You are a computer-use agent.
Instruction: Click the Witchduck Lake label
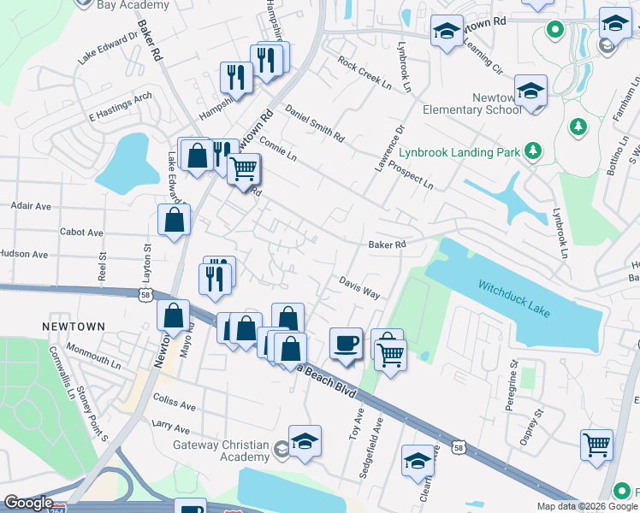coord(514,298)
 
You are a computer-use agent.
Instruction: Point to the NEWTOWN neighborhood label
coord(74,327)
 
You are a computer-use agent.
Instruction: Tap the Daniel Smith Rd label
coord(314,124)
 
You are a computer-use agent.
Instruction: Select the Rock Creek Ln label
coord(364,74)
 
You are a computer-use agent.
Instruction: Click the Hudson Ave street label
coord(25,254)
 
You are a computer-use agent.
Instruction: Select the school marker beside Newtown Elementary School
coord(530,91)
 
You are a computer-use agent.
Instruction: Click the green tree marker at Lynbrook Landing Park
coord(534,151)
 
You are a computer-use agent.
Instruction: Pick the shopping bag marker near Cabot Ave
coord(175,221)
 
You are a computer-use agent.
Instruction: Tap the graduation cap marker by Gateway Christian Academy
coord(305,441)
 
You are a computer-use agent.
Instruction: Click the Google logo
coord(28,504)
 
